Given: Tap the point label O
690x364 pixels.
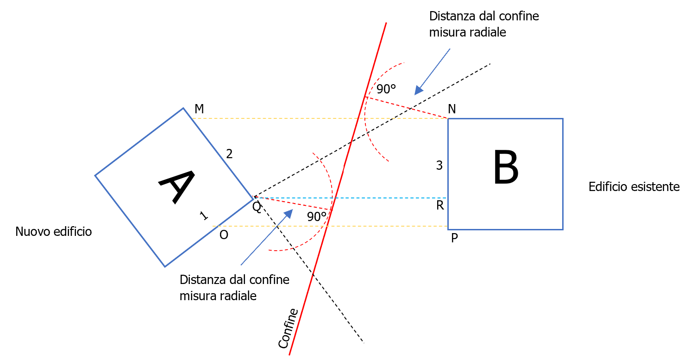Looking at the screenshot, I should click(x=224, y=235).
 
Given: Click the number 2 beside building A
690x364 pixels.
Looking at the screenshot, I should click(x=229, y=154).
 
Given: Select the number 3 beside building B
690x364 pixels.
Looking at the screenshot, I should click(x=439, y=165).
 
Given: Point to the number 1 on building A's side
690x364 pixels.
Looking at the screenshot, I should click(x=203, y=215).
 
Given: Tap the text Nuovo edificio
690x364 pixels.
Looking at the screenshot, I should click(x=53, y=231).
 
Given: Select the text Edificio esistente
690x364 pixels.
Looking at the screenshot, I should click(x=634, y=187).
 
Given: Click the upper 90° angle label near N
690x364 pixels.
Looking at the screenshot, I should click(x=386, y=89).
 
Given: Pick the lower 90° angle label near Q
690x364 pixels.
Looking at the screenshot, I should click(x=317, y=216).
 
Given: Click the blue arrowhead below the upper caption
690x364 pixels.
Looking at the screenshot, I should click(x=419, y=90).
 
